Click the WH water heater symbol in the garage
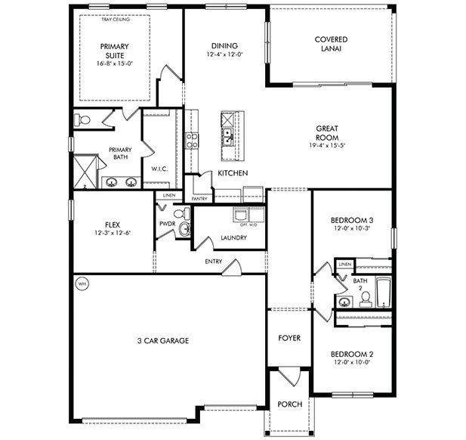pyautogui.click(x=82, y=284)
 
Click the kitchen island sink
pyautogui.click(x=227, y=137)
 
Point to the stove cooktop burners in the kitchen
pyautogui.click(x=192, y=140)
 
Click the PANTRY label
pyautogui.click(x=199, y=199)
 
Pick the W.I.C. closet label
pyautogui.click(x=159, y=168)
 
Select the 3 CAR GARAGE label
pyautogui.click(x=164, y=341)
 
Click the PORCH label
pyautogui.click(x=290, y=404)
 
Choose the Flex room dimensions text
pyautogui.click(x=113, y=233)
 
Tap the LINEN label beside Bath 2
pyautogui.click(x=344, y=264)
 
